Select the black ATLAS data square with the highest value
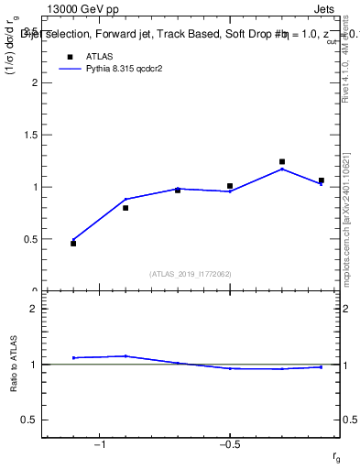pos(282,162)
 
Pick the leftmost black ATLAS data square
pos(73,244)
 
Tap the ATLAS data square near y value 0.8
pos(125,208)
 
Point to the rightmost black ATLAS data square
pos(321,180)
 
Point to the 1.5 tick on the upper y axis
pos(31,135)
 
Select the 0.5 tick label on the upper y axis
pos(31,239)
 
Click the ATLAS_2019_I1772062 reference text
pos(190,274)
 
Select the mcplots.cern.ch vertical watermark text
pos(349,220)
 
